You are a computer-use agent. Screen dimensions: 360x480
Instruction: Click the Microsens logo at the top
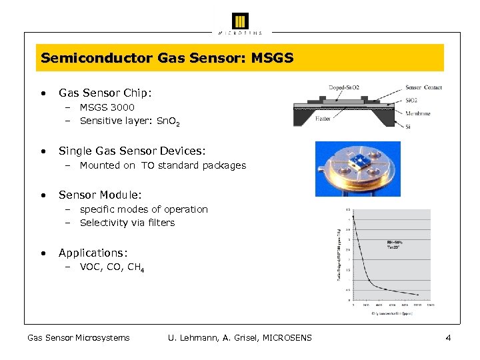(240, 22)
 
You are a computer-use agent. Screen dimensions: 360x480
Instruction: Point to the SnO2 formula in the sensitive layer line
(169, 121)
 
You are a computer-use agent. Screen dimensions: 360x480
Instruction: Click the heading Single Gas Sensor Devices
(132, 151)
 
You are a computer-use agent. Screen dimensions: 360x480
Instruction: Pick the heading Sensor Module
(100, 195)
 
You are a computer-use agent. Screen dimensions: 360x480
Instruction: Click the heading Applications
(93, 253)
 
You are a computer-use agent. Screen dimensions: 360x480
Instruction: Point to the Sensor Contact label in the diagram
(423, 87)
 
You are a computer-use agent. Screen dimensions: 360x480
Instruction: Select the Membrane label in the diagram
(419, 113)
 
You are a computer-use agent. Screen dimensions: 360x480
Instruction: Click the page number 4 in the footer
(448, 338)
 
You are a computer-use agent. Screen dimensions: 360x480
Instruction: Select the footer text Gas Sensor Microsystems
(78, 338)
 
